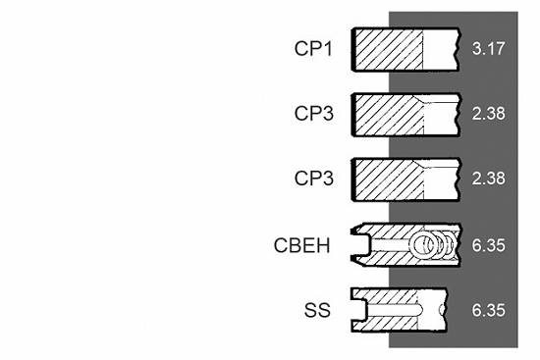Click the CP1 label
click(x=313, y=48)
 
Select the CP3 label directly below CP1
click(x=314, y=113)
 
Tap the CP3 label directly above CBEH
click(x=314, y=179)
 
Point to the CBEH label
click(x=301, y=245)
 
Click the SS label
click(x=317, y=310)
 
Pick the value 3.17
click(x=488, y=48)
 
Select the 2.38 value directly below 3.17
click(x=488, y=113)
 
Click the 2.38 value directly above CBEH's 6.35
click(x=488, y=179)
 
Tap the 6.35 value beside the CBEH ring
click(x=488, y=245)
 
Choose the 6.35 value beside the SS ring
click(x=488, y=310)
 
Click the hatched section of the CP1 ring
click(x=389, y=50)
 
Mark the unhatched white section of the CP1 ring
click(x=440, y=50)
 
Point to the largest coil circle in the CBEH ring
click(x=422, y=245)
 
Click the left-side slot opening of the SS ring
click(x=359, y=310)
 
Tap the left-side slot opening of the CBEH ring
click(x=360, y=245)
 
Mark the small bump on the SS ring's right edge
click(x=442, y=310)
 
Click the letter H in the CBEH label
click(x=324, y=245)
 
